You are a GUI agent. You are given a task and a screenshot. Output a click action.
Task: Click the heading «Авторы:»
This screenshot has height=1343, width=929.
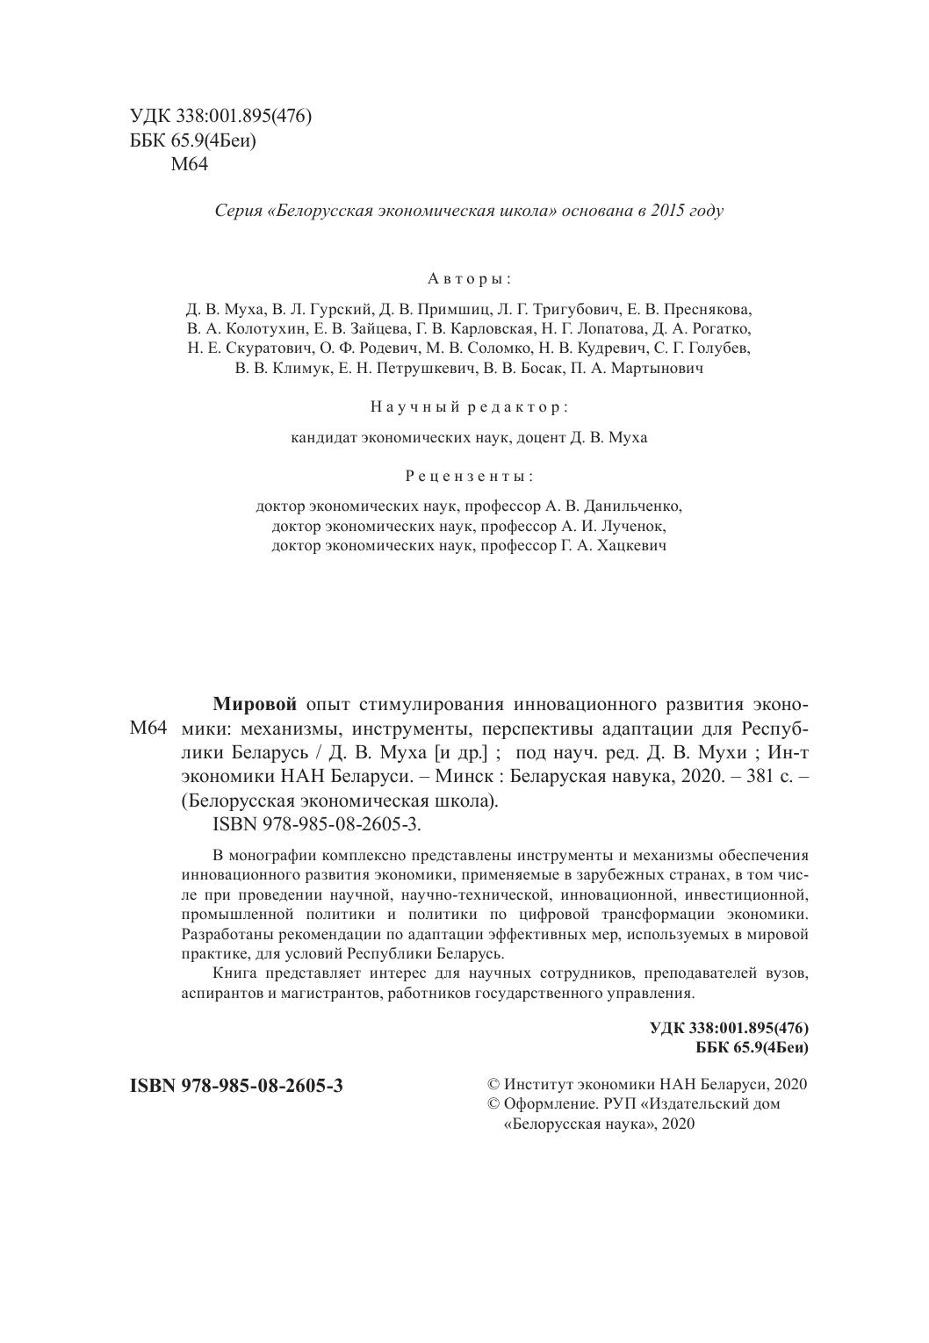click(469, 279)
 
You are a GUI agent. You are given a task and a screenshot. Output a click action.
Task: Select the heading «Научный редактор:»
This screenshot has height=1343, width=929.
click(469, 407)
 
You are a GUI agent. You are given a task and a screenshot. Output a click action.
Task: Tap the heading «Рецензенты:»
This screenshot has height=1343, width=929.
click(469, 477)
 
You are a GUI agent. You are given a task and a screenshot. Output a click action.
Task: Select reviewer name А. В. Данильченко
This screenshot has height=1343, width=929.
click(620, 506)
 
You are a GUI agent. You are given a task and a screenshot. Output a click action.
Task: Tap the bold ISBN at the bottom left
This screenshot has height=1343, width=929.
click(236, 1086)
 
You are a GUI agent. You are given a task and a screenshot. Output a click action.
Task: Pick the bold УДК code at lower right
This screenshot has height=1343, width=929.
click(729, 1028)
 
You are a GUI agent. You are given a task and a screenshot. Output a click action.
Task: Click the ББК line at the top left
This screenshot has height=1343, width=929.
click(193, 140)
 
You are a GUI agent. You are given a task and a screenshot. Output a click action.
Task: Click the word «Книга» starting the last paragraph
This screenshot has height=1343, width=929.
click(235, 974)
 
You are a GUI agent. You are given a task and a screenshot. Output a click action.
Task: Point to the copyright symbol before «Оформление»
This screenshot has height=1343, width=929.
click(493, 1104)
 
